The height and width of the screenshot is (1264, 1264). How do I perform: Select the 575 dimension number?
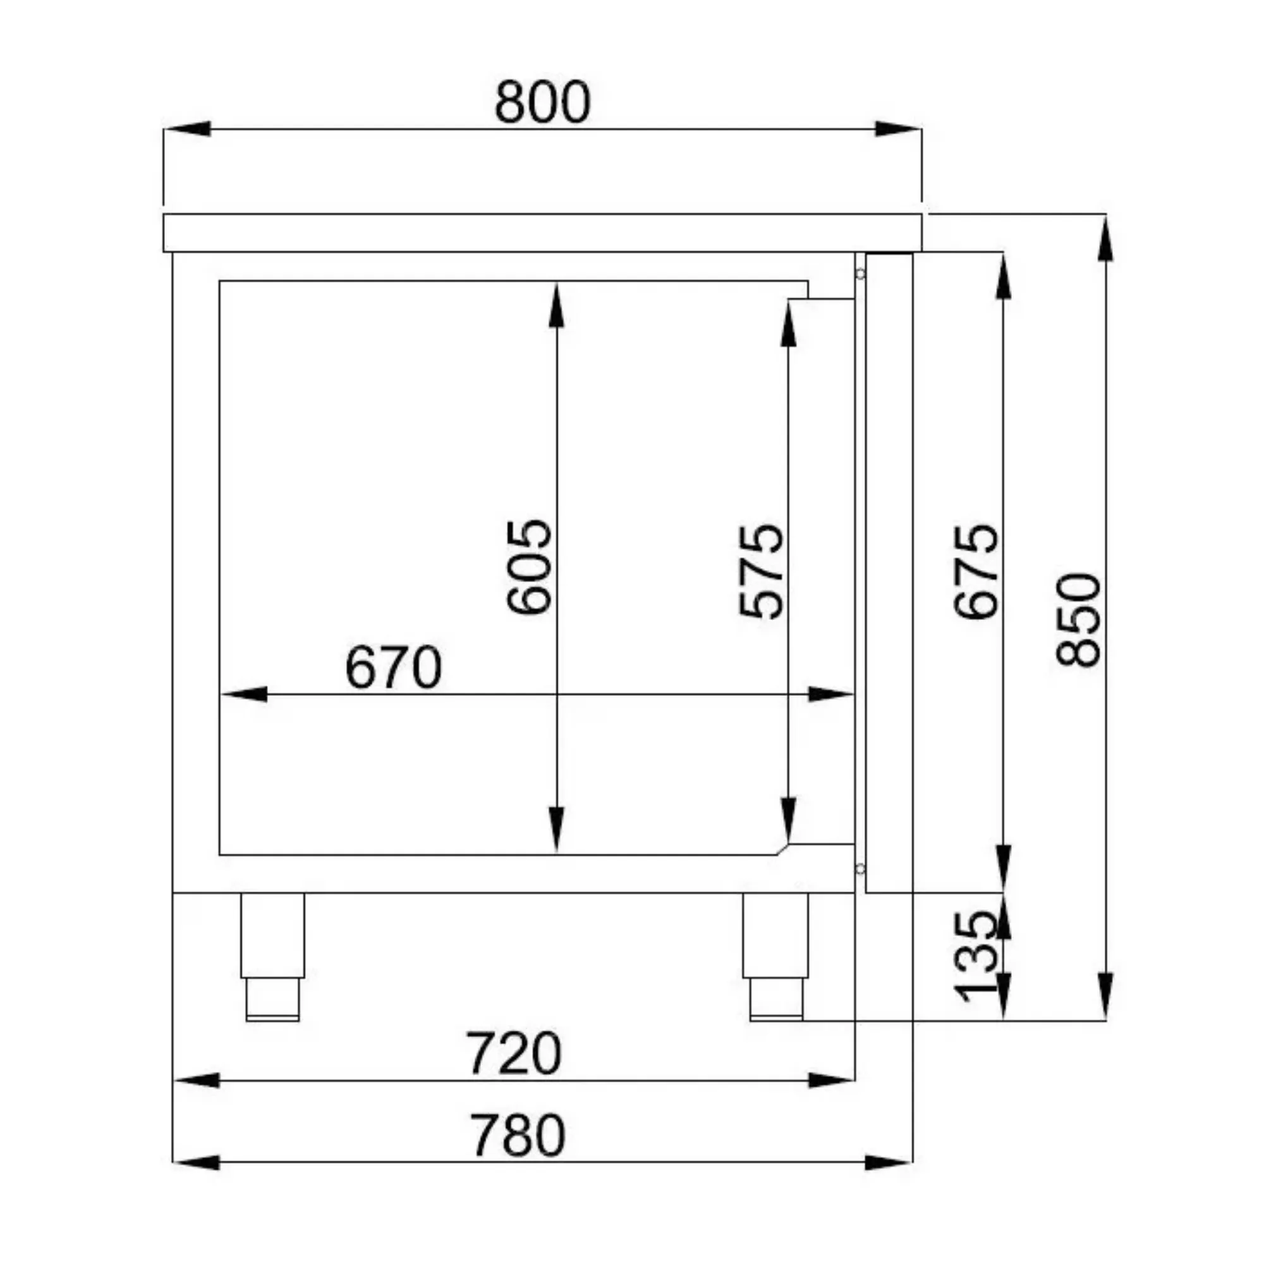[761, 571]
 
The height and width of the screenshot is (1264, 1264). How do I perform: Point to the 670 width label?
[393, 668]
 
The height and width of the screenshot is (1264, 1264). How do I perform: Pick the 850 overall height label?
[1079, 620]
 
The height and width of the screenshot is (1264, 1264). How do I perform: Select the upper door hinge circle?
[860, 274]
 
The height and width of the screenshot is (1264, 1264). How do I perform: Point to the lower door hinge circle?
[860, 868]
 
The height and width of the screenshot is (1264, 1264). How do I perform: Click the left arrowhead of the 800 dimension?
[187, 129]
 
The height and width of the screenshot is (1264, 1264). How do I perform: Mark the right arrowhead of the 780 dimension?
[889, 1163]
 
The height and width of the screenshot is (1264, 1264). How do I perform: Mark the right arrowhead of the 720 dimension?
[832, 1080]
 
